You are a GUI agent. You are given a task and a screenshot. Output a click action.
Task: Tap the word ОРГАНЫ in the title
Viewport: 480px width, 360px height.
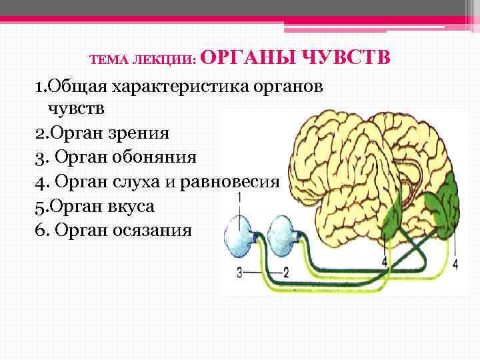245,58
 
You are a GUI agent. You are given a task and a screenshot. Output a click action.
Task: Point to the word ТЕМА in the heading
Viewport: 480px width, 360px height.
105,61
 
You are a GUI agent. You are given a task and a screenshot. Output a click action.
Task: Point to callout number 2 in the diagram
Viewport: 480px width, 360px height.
285,271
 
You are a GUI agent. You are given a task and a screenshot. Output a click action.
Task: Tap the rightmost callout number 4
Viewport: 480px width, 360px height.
455,264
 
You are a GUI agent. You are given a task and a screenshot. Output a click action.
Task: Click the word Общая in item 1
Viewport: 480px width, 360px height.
75,87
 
